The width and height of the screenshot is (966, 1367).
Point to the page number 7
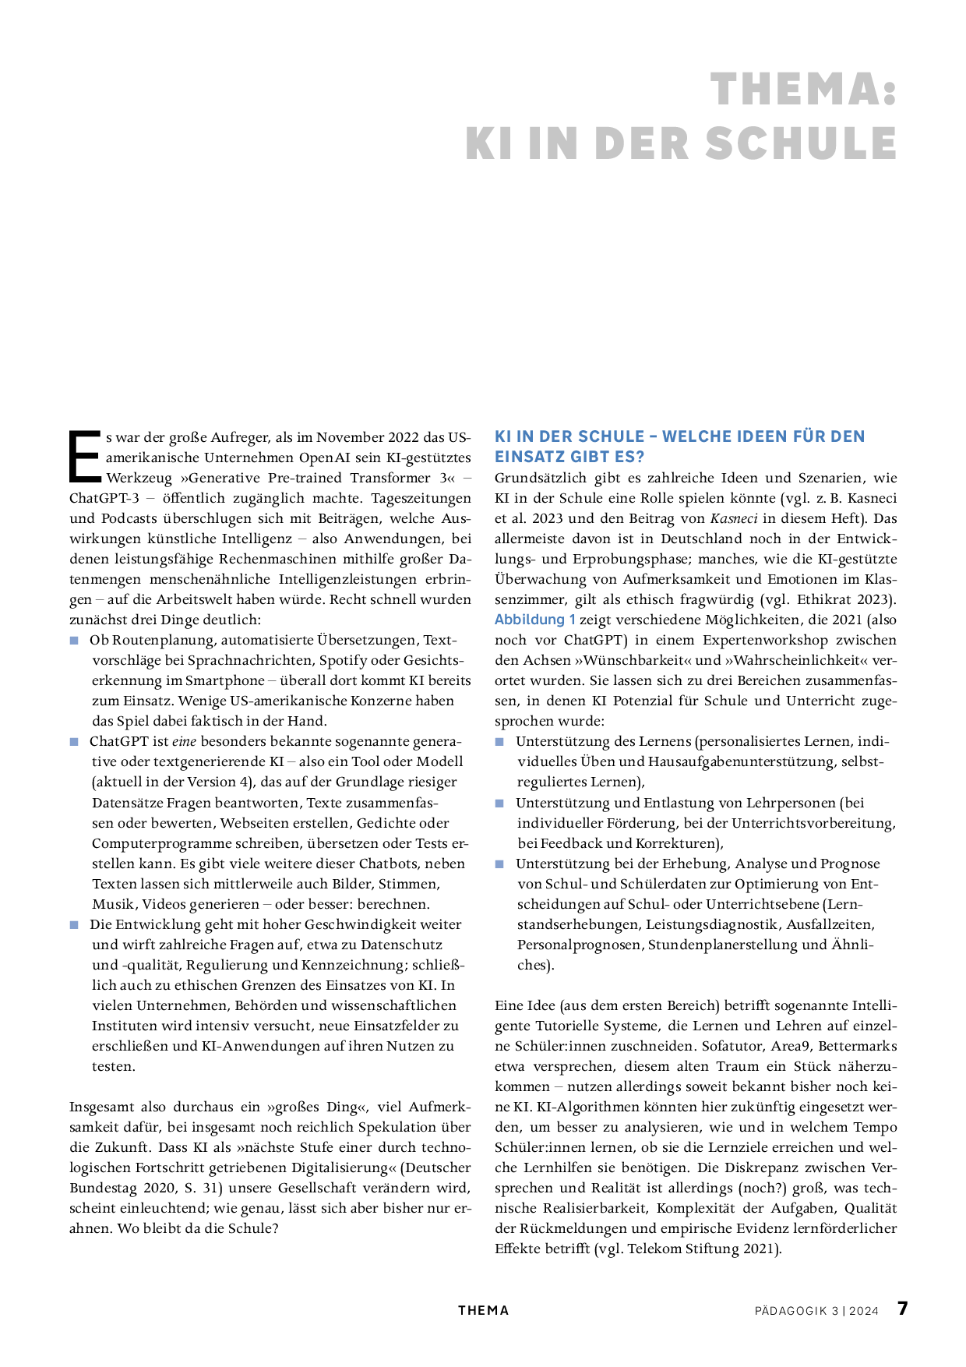click(903, 1309)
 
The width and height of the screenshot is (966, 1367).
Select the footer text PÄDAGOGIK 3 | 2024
click(816, 1311)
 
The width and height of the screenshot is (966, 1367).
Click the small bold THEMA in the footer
click(483, 1311)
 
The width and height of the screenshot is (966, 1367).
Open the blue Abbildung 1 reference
click(534, 620)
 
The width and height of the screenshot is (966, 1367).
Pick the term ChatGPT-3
click(104, 498)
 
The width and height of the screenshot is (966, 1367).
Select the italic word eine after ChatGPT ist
click(184, 741)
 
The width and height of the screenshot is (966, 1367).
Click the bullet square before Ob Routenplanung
click(75, 641)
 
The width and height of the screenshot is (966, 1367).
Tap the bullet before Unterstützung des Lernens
click(500, 742)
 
